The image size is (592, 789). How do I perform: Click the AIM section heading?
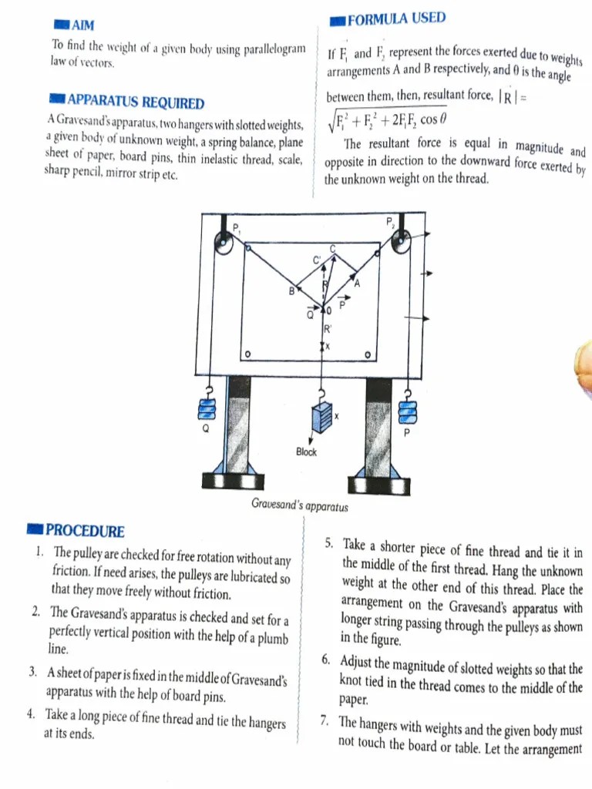click(x=81, y=26)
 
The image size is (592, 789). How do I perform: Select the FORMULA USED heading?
click(x=395, y=19)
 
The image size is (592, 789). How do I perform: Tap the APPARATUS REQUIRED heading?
click(x=136, y=103)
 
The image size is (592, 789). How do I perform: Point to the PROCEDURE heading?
click(x=84, y=531)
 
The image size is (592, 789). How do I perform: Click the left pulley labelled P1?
click(x=224, y=248)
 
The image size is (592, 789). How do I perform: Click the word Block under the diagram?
click(x=306, y=452)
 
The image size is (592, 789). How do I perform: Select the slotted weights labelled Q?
click(x=207, y=405)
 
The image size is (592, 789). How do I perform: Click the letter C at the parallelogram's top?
click(x=333, y=248)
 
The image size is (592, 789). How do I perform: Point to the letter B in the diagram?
click(x=291, y=291)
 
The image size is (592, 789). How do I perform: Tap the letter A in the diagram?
click(x=357, y=283)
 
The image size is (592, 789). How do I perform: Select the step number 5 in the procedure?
click(x=328, y=544)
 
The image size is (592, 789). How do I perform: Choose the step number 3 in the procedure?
click(x=34, y=672)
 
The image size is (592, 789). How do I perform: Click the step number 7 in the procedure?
click(x=325, y=721)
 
